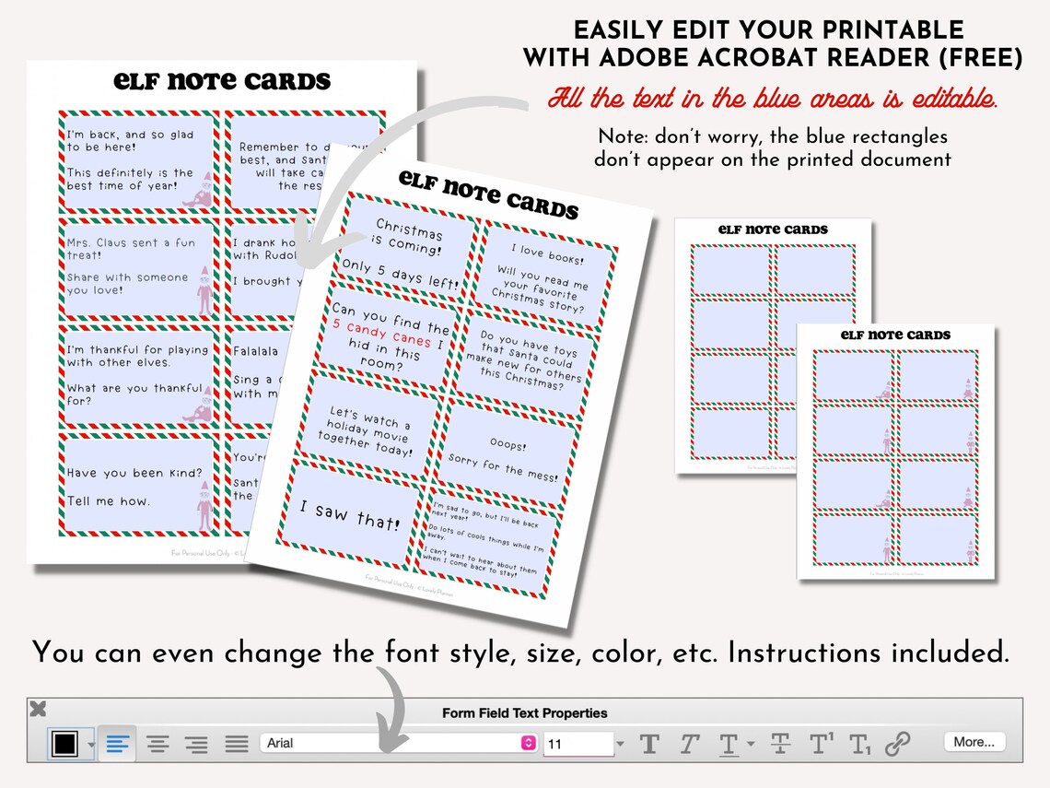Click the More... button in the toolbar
pyautogui.click(x=974, y=742)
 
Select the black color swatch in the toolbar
pyautogui.click(x=64, y=744)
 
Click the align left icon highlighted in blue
pyautogui.click(x=117, y=744)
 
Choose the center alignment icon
pyautogui.click(x=158, y=744)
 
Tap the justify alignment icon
pyautogui.click(x=237, y=744)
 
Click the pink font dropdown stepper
pyautogui.click(x=528, y=743)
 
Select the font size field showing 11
pyautogui.click(x=577, y=744)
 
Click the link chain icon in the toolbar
pyautogui.click(x=897, y=743)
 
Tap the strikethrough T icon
pyautogui.click(x=780, y=743)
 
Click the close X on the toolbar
pyautogui.click(x=38, y=710)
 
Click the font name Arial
pyautogui.click(x=280, y=743)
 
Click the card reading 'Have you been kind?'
pyautogui.click(x=136, y=487)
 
